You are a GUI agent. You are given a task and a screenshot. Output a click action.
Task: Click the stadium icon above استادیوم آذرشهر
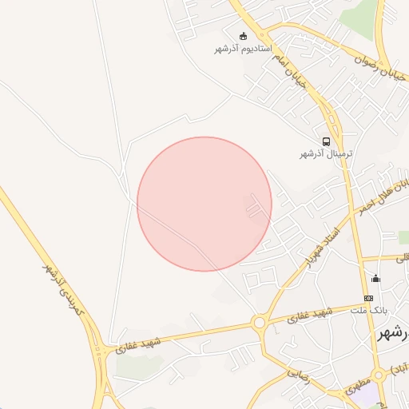pos(244,35)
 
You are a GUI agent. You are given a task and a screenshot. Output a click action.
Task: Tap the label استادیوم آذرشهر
pos(244,49)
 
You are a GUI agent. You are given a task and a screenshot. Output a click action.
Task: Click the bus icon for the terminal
pos(326,141)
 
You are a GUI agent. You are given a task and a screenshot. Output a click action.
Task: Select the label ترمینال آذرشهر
pos(326,153)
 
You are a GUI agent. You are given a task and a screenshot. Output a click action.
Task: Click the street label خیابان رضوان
pos(385,67)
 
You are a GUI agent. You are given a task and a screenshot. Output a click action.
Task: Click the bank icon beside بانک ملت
pos(368,298)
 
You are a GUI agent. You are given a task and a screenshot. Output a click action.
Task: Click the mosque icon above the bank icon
pos(375,279)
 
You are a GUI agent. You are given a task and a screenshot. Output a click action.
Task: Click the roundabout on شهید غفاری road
pos(259,324)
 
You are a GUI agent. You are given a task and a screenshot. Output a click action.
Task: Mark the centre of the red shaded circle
pos(204,204)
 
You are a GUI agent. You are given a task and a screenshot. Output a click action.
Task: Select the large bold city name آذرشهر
pos(394,334)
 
